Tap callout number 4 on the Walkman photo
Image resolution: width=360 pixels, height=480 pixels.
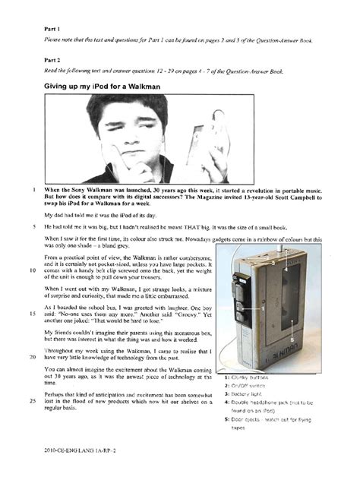pos(286,269)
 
